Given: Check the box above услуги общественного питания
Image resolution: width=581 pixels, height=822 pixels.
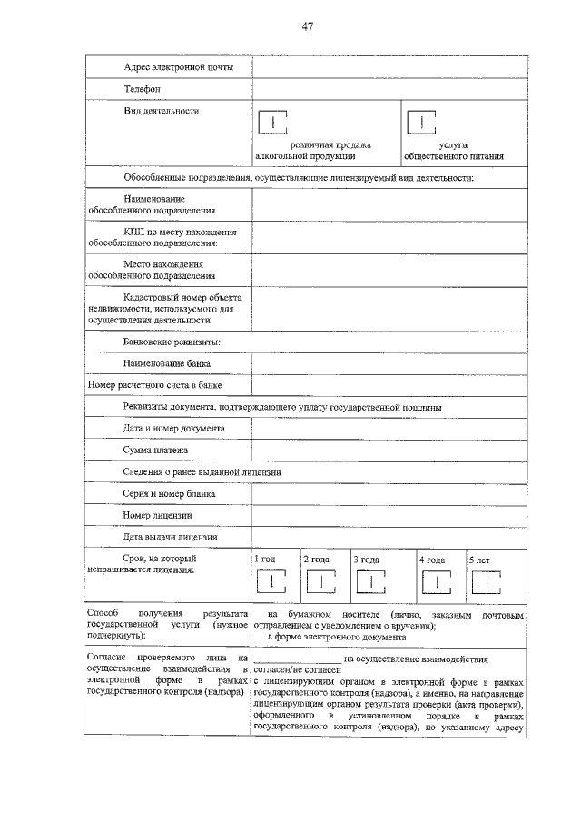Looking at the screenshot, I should pyautogui.click(x=420, y=123).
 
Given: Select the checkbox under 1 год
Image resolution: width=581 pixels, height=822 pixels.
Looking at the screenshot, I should pyautogui.click(x=271, y=581).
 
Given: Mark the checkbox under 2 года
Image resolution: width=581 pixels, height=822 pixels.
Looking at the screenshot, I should pyautogui.click(x=320, y=581).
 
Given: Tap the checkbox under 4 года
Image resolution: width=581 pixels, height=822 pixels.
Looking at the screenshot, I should pyautogui.click(x=436, y=581).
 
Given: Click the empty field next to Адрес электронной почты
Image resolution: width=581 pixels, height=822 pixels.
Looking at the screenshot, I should pyautogui.click(x=389, y=68).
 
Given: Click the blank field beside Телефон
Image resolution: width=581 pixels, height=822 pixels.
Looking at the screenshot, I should pyautogui.click(x=389, y=89).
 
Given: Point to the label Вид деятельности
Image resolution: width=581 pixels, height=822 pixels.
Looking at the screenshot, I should pyautogui.click(x=162, y=111).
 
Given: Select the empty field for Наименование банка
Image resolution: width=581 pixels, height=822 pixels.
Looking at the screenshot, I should pyautogui.click(x=389, y=363).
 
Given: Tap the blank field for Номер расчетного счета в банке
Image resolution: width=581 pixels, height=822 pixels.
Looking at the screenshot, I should pyautogui.click(x=389, y=385).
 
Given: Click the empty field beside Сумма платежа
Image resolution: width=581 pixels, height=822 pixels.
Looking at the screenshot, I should pyautogui.click(x=389, y=450).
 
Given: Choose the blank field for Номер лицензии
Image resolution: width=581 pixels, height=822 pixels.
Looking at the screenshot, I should pyautogui.click(x=389, y=515).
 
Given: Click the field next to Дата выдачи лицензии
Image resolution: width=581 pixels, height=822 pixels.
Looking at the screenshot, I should pyautogui.click(x=389, y=537).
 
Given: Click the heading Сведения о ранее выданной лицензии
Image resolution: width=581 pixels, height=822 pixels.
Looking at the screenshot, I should pyautogui.click(x=202, y=472).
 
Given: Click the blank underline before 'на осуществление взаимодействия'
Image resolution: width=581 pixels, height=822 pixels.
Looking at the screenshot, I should pyautogui.click(x=298, y=659).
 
